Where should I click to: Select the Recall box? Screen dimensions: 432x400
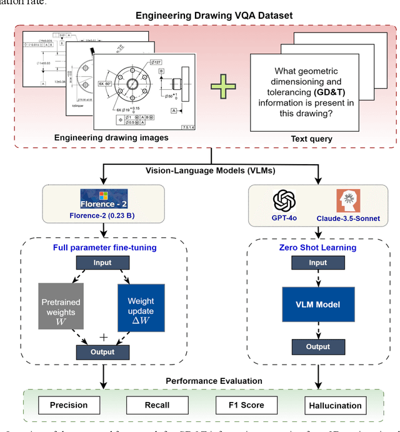[156, 405]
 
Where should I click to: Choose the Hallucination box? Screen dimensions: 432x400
[335, 405]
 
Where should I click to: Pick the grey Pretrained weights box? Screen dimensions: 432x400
[61, 307]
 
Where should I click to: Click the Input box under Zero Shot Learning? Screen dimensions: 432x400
[317, 263]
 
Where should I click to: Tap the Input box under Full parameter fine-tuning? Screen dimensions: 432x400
[103, 263]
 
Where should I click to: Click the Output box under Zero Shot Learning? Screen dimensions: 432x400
[317, 347]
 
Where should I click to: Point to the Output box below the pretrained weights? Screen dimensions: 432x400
[102, 351]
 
